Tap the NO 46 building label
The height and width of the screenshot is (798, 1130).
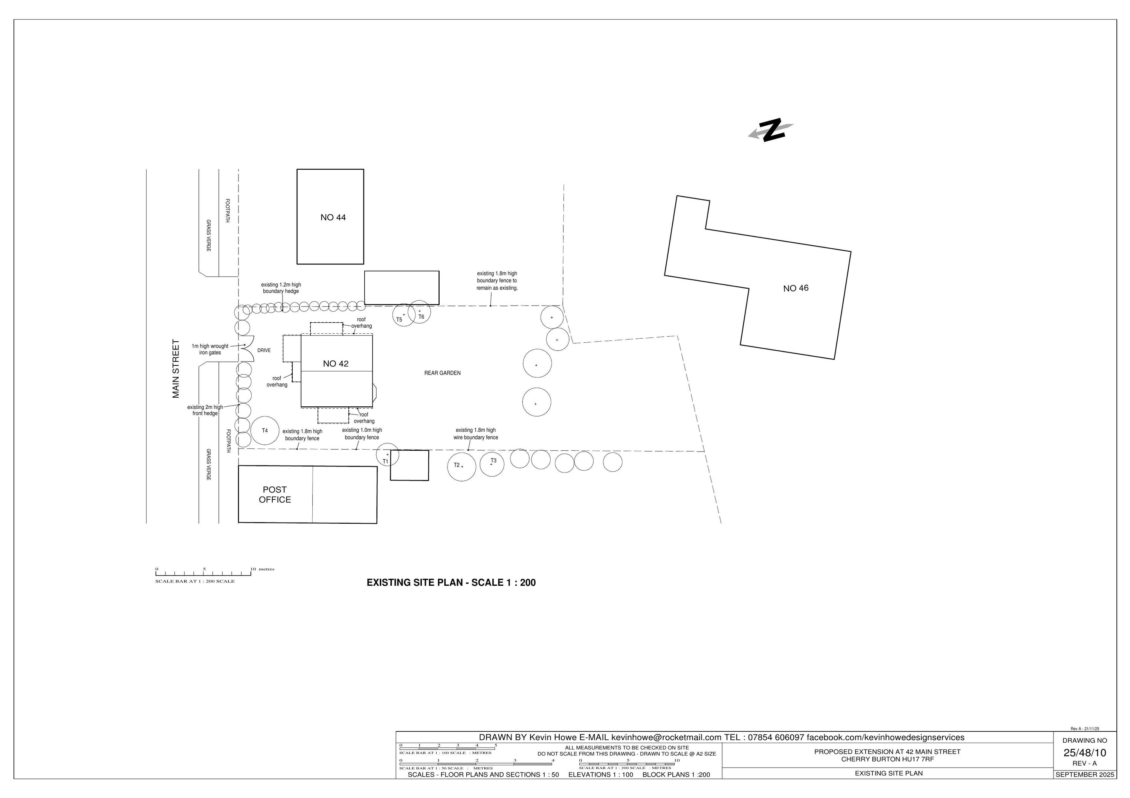795,288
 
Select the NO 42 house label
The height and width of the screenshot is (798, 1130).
336,364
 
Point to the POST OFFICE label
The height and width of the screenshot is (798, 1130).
275,495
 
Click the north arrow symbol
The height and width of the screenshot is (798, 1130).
771,130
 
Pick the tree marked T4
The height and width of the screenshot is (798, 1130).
265,431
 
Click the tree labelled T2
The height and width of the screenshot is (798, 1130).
461,467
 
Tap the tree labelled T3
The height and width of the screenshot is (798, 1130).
492,463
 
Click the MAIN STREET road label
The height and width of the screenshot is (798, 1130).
176,369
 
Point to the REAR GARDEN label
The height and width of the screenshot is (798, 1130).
443,373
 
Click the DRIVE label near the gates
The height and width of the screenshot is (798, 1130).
264,351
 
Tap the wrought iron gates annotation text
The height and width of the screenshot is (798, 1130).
210,350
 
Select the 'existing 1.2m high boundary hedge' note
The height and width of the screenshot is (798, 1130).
281,288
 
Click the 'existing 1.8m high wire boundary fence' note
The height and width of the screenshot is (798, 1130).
475,434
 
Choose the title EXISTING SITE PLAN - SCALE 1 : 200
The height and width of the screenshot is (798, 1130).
451,583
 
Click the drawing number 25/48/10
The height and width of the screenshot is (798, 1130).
1084,753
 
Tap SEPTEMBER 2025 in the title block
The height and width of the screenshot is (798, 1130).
1084,774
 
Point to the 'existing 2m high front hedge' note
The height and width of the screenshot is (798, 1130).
205,410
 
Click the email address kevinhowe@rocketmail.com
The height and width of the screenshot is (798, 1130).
666,737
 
